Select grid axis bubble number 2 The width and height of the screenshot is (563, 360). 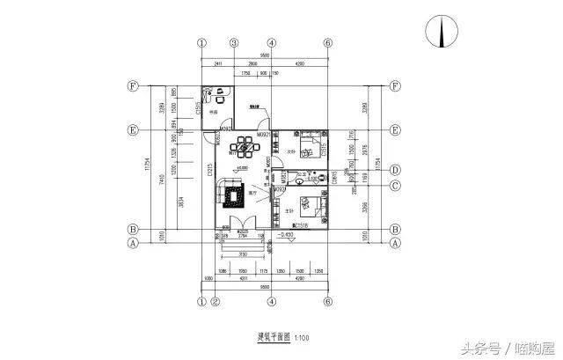point(216,301)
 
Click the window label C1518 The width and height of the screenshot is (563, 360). point(298,227)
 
